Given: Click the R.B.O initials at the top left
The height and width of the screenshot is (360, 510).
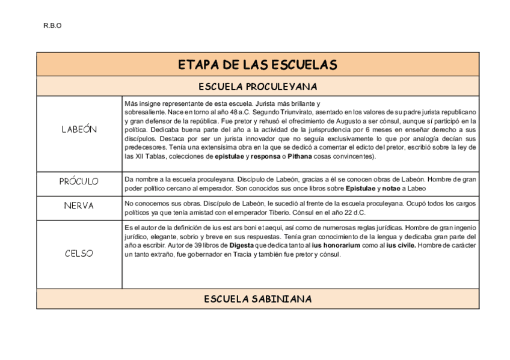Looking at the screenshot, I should point(52,26).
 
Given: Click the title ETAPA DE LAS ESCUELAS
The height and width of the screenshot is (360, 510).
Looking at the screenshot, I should point(257,65).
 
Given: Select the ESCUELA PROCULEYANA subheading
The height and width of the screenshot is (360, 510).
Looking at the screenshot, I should point(257,87).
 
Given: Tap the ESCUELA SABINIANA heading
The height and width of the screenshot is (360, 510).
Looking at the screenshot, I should point(257,299).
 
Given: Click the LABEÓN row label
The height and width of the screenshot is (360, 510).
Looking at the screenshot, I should point(79,130).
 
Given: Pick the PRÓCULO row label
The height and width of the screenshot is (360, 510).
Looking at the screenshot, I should point(79,182).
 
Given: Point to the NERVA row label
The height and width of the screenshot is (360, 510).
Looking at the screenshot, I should point(79,206).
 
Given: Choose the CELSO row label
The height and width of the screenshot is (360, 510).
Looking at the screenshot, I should point(79,253).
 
